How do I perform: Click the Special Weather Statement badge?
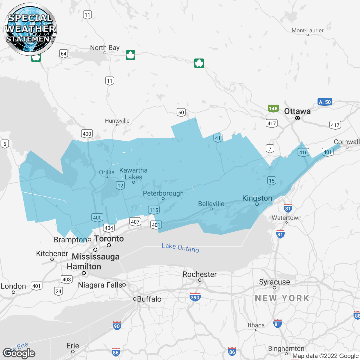point(30,29)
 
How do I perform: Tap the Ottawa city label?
point(297,111)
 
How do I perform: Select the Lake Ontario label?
point(180,248)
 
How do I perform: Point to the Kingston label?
point(257,198)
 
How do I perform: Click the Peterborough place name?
point(163,193)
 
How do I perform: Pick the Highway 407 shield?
point(135,222)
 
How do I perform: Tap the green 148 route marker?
point(273,109)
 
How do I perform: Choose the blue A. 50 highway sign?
point(325,102)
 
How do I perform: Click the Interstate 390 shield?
point(195,297)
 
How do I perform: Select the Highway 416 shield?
point(303,152)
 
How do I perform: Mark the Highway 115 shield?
point(154,210)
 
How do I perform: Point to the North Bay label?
point(105,48)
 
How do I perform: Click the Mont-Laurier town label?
point(307,30)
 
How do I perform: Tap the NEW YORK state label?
point(282,298)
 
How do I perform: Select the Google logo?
point(19,353)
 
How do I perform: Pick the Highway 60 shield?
point(181,112)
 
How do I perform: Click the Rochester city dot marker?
point(200,280)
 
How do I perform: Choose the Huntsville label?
point(117,121)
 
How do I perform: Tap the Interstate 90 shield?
point(117,326)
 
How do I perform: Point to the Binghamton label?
point(286,349)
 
